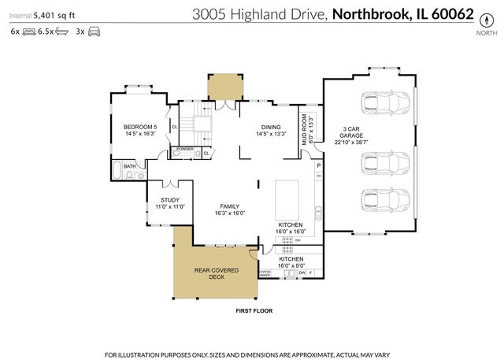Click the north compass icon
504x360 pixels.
[488, 17]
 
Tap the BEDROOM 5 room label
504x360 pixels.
[140, 130]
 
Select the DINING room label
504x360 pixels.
[272, 130]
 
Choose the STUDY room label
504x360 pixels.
[170, 203]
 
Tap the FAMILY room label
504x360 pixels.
[230, 210]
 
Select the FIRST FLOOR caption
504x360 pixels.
[254, 311]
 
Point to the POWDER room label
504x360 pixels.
[184, 149]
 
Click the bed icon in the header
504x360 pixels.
[29, 32]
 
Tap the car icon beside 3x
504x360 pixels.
[94, 32]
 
